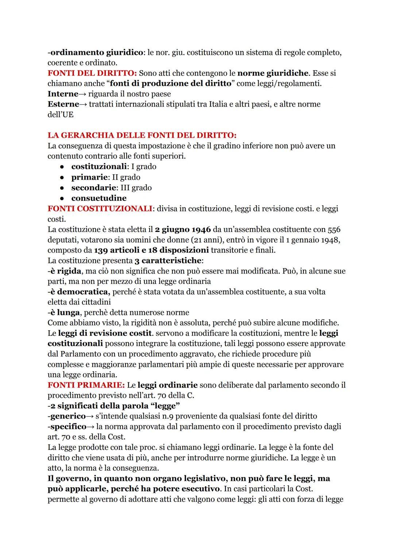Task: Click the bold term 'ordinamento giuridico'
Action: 97,53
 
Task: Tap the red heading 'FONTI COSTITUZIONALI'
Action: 100,209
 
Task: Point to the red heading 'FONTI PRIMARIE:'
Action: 86,385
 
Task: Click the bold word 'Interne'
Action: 63,94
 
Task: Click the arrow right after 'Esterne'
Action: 83,104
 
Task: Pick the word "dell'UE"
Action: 61,115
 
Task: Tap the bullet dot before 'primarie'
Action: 62,178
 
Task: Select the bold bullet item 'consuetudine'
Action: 99,198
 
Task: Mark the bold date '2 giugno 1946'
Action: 183,230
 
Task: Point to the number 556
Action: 334,230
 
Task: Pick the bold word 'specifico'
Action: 68,427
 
